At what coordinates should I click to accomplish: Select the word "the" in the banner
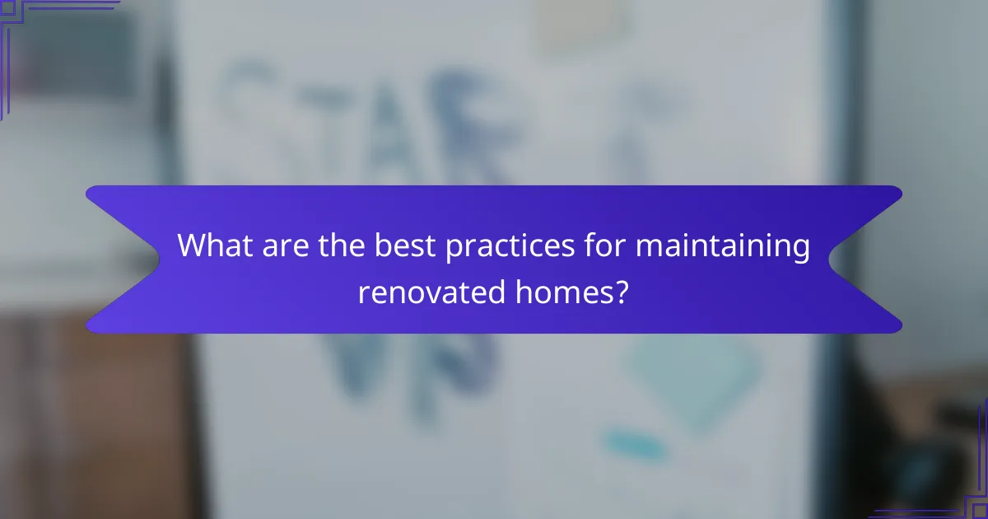344,245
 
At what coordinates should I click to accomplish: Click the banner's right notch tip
830,259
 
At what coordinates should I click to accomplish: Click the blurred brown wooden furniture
91,412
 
